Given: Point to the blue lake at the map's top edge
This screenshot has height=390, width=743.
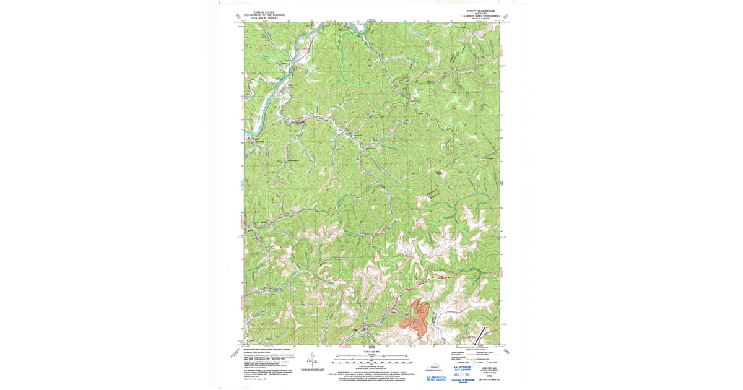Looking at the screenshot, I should [358, 27].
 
